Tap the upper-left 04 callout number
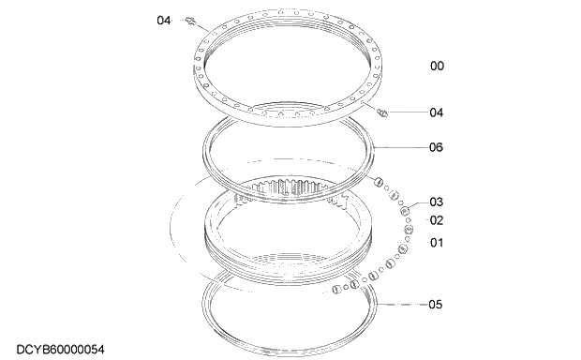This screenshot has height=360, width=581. point(164,19)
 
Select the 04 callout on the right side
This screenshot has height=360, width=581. point(436,112)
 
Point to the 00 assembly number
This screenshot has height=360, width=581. point(436,67)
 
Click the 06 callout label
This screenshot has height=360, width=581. point(436,147)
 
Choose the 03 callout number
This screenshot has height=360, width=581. point(436,202)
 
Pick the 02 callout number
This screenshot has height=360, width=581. point(436,220)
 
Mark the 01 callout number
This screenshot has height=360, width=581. point(436,244)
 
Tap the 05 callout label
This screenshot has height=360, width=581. point(436,305)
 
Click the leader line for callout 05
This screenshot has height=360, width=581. point(403,305)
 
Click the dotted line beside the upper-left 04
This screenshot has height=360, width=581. point(181,19)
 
